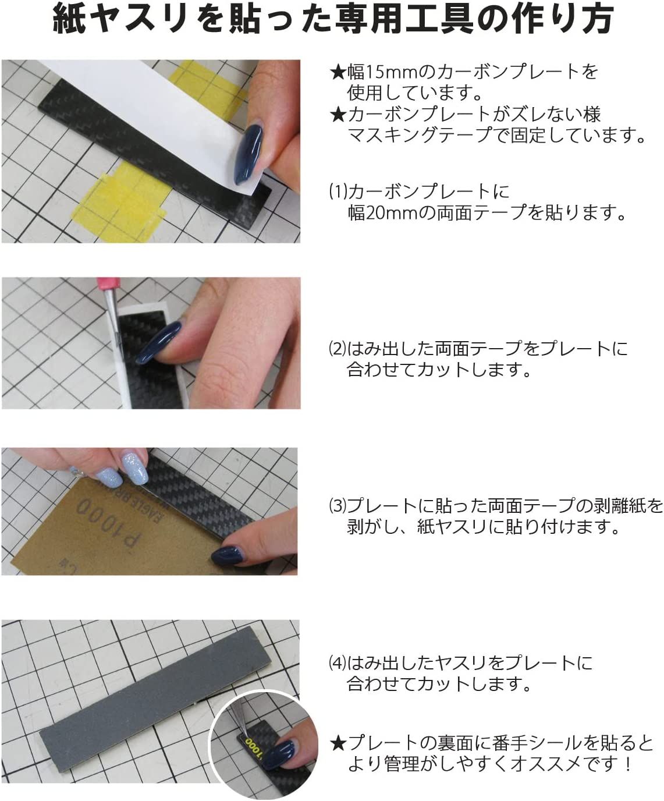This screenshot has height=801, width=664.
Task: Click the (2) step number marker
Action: pos(338,349)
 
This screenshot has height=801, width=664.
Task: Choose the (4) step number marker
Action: pos(338,663)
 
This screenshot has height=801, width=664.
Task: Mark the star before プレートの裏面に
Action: pos(338,743)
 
